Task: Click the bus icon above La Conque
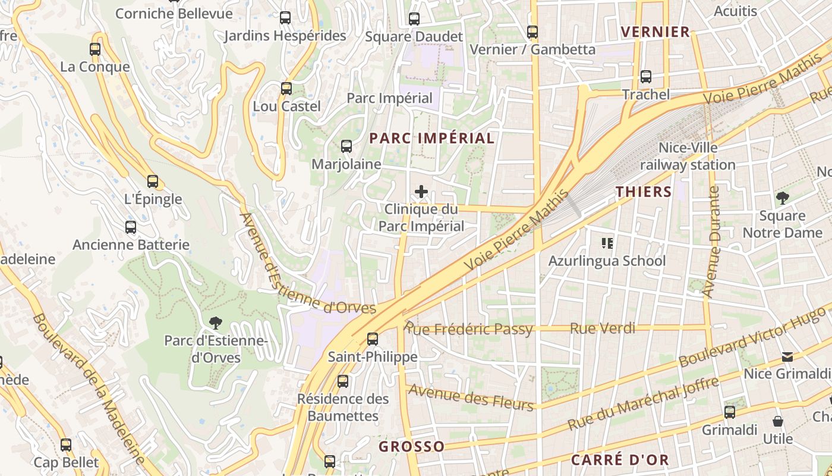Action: [95, 49]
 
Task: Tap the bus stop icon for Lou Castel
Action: [286, 89]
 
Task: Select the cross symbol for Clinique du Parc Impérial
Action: [421, 192]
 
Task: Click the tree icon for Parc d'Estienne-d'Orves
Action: [216, 323]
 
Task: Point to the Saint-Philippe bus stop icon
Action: [373, 339]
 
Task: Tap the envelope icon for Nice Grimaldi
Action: [787, 357]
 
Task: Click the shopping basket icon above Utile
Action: [778, 422]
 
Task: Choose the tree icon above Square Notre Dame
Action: [782, 198]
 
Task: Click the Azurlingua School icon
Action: [607, 243]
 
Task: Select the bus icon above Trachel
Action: [646, 77]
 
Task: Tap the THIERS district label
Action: [644, 192]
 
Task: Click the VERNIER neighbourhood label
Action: [655, 32]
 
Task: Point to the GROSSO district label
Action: [412, 446]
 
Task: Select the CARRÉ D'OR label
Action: [620, 460]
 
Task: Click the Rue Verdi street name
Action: [603, 328]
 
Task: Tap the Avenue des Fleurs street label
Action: [471, 398]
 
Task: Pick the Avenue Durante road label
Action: [711, 242]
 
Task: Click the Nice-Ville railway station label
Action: [688, 156]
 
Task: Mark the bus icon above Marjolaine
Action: [346, 146]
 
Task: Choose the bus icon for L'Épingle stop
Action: [153, 181]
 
